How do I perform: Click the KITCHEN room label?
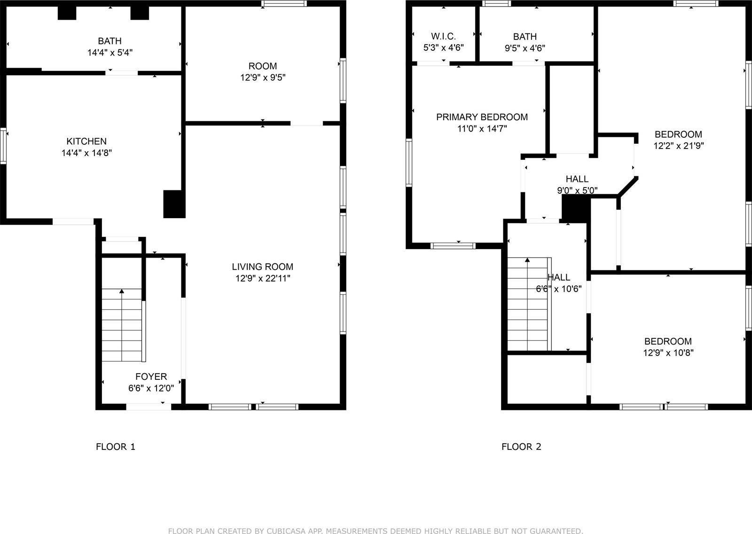86,141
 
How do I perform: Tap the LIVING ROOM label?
262,267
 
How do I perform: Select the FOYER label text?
151,377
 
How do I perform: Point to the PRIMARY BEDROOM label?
482,117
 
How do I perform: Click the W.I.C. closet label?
444,36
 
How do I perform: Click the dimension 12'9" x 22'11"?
263,278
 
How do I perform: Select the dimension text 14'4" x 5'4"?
110,53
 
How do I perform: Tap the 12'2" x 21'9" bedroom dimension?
678,146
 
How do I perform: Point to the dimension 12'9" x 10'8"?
668,353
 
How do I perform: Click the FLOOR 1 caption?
116,447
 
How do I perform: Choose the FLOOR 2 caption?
521,447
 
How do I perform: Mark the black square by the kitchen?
174,204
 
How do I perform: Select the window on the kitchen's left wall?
3,146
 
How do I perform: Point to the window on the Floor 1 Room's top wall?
284,3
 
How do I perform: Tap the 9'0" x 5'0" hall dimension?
577,190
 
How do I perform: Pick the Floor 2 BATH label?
525,36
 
